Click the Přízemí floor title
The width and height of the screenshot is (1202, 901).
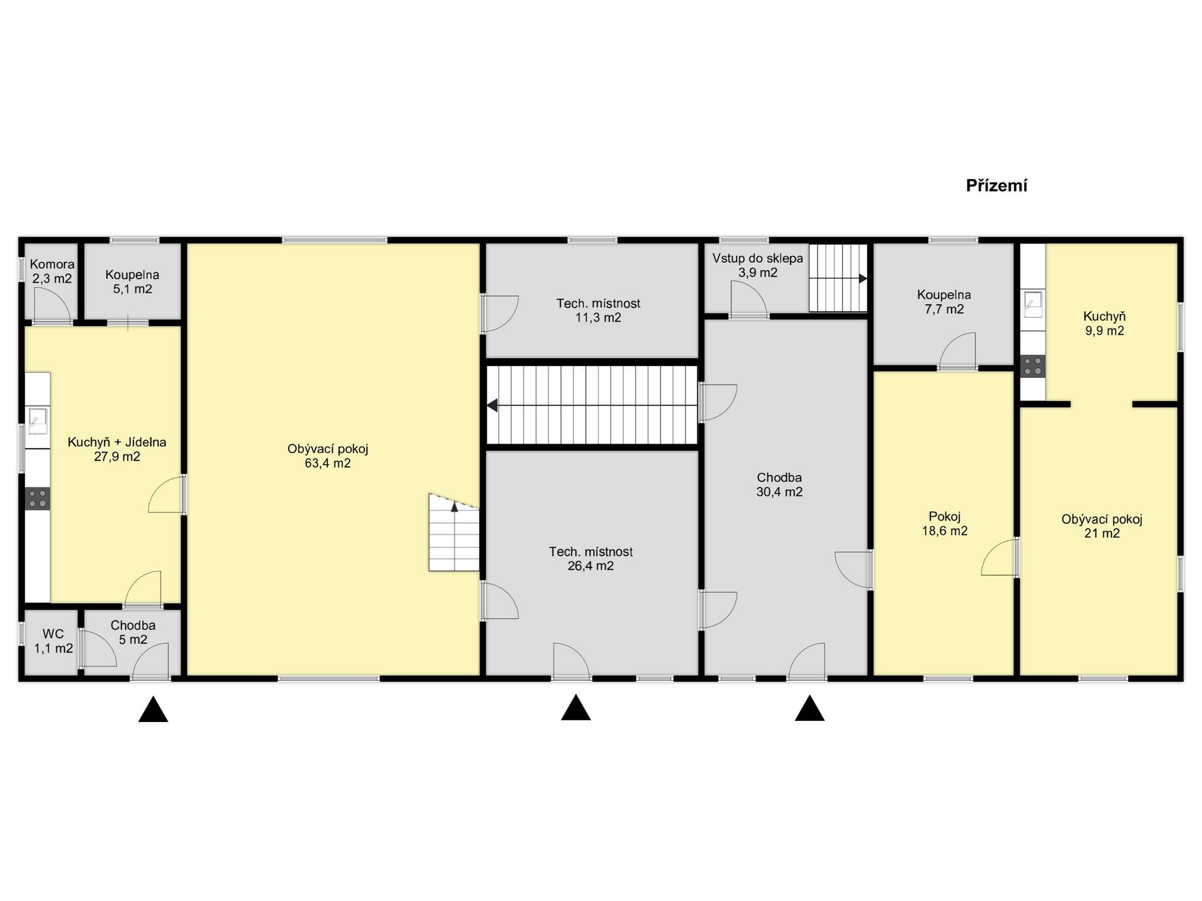tap(997, 186)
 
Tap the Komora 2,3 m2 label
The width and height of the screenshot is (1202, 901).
tap(52, 272)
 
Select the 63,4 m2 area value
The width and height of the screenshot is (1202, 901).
tap(327, 464)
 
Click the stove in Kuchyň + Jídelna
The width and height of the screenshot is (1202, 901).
tap(38, 499)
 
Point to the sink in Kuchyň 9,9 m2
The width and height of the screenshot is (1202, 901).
tap(1034, 304)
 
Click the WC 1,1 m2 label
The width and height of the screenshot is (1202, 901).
tap(53, 641)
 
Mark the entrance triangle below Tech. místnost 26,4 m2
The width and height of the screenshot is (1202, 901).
tap(576, 707)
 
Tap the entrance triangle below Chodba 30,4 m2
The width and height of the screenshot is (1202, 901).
tap(809, 708)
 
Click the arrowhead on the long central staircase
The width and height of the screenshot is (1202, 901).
tap(492, 405)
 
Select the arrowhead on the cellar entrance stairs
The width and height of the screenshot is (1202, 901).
tap(863, 278)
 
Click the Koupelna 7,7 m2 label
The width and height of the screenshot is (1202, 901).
tap(944, 302)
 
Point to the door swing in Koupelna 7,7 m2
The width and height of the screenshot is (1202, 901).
tap(958, 350)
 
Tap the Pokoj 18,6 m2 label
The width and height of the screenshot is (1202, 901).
tap(945, 524)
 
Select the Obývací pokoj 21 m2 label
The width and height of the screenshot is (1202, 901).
tap(1102, 526)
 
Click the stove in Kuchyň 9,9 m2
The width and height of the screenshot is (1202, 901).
tap(1033, 366)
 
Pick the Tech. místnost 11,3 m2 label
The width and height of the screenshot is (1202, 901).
tap(598, 310)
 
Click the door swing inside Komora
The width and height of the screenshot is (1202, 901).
tap(52, 305)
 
